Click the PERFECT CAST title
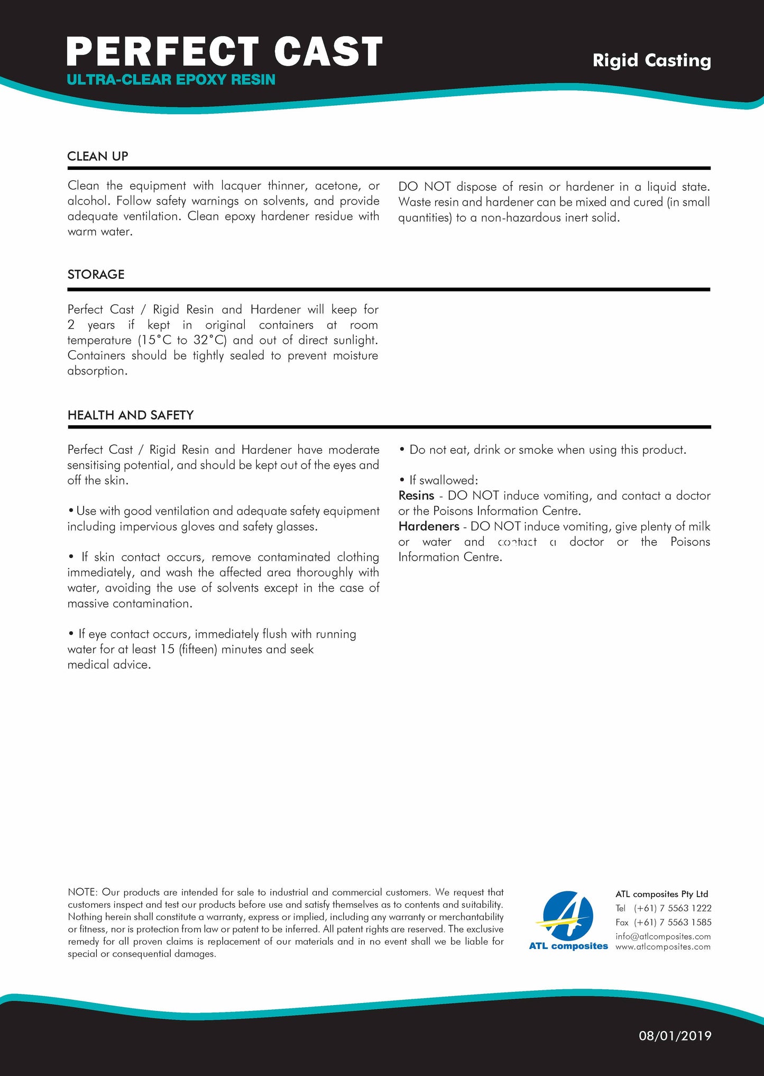tap(224, 51)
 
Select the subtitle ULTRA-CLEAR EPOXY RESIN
tap(171, 80)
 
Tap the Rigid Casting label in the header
tap(651, 60)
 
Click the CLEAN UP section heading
tap(98, 156)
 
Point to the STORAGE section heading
tap(96, 275)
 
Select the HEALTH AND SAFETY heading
tap(131, 415)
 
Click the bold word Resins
tap(416, 496)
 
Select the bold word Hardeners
tap(429, 526)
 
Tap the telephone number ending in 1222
tap(673, 908)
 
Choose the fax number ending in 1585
tap(673, 922)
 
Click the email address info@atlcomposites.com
tap(663, 936)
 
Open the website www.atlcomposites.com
tap(663, 947)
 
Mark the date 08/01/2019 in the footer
tap(675, 1036)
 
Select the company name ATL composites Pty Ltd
tap(661, 894)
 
